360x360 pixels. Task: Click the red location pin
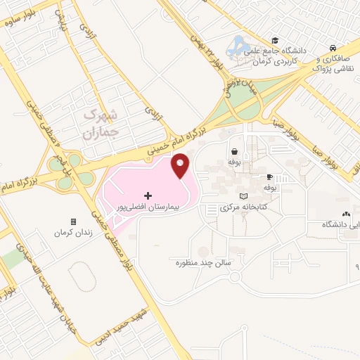click(x=180, y=166)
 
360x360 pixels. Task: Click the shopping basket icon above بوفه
click(x=233, y=151)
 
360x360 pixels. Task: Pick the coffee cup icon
click(x=269, y=176)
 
